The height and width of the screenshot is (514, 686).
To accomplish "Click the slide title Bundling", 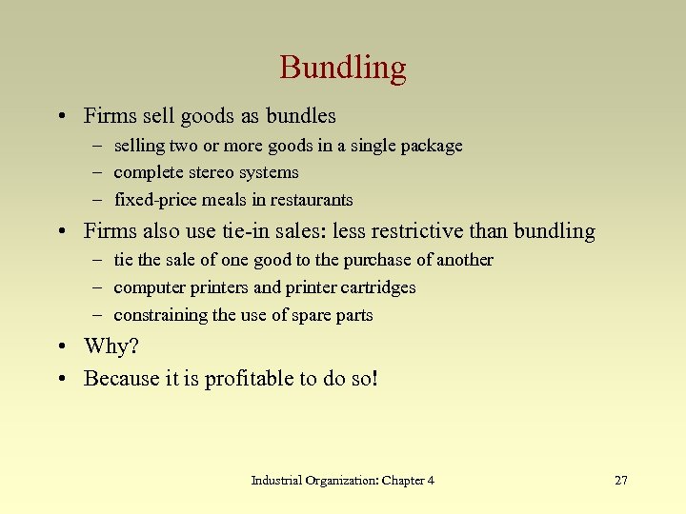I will tap(343, 68).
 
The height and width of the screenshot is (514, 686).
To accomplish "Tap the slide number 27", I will tap(620, 481).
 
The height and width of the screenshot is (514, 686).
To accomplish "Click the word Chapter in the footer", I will tap(402, 481).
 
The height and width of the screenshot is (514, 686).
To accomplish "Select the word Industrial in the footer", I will tap(275, 481).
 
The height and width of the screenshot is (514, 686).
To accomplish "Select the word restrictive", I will tap(421, 231).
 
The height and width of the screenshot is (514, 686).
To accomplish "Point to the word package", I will tap(430, 147).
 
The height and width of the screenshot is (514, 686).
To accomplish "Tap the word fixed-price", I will tap(152, 201).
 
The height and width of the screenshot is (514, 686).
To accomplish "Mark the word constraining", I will tap(160, 315).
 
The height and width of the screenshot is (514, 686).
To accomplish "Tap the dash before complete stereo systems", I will tap(99, 173).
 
